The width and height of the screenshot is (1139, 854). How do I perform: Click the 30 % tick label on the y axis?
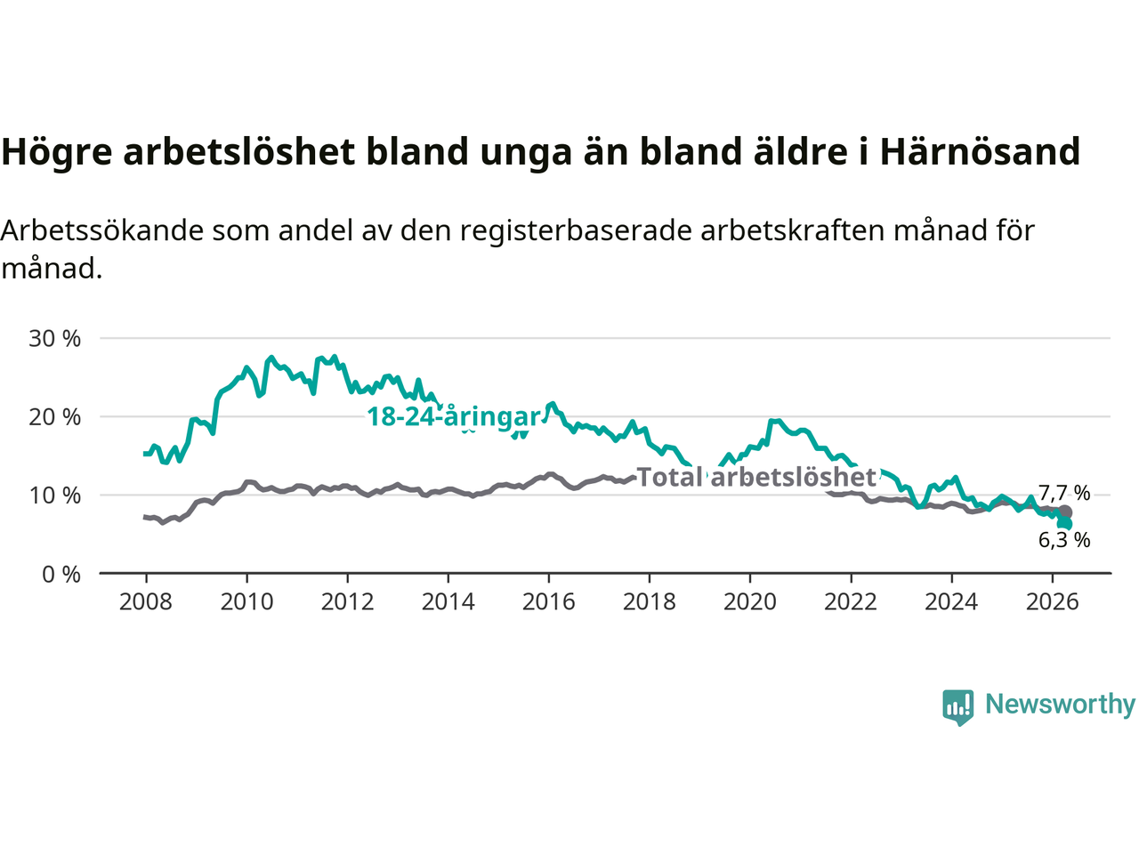tap(54, 339)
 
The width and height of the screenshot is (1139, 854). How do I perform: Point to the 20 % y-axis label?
tap(54, 417)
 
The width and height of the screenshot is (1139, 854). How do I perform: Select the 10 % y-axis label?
tap(54, 496)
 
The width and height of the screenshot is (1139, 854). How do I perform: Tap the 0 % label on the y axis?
tap(61, 575)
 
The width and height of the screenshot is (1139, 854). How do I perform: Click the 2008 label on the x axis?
tap(146, 602)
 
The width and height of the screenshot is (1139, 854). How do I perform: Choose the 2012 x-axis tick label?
tap(347, 602)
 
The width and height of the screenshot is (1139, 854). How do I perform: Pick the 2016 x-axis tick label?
tap(548, 602)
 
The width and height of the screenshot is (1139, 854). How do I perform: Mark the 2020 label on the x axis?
tap(750, 602)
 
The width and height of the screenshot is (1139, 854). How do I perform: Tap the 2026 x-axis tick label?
tap(1053, 602)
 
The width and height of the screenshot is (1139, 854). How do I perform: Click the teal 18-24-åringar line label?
tap(454, 417)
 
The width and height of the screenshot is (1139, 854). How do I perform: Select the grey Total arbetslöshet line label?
tap(756, 477)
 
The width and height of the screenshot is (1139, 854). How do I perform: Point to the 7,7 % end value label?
tap(1064, 493)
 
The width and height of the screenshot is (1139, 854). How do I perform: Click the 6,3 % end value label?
tap(1064, 540)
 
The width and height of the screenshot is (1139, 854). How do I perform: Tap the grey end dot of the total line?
tap(1065, 512)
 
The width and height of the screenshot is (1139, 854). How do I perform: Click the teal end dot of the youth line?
tap(1065, 523)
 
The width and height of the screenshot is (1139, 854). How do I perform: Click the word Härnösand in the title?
tap(980, 151)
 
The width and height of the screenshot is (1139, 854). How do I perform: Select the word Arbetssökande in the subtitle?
tap(102, 230)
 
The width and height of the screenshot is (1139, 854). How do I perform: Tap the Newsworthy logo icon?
tap(957, 707)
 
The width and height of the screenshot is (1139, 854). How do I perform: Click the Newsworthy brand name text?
tap(1060, 705)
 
